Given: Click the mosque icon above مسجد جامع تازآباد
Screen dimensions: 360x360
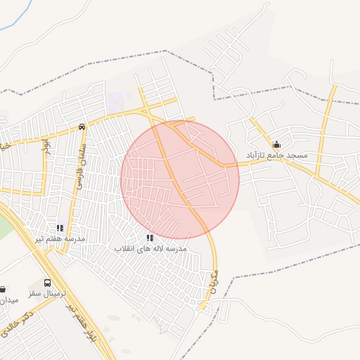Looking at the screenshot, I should pyautogui.click(x=276, y=144).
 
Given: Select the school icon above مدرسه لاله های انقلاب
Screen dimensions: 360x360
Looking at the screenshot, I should pyautogui.click(x=150, y=238).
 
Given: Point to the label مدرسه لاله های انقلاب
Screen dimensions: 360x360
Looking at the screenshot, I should pyautogui.click(x=150, y=249).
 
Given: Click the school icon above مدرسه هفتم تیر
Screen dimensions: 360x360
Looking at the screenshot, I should pyautogui.click(x=60, y=228).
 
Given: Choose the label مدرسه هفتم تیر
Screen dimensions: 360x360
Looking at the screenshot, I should pyautogui.click(x=60, y=238).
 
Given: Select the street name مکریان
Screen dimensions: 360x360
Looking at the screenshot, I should pyautogui.click(x=213, y=281).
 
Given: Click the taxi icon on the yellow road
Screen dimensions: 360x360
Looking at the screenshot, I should pyautogui.click(x=83, y=127).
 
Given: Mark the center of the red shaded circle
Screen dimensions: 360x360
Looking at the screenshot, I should pyautogui.click(x=180, y=179).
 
